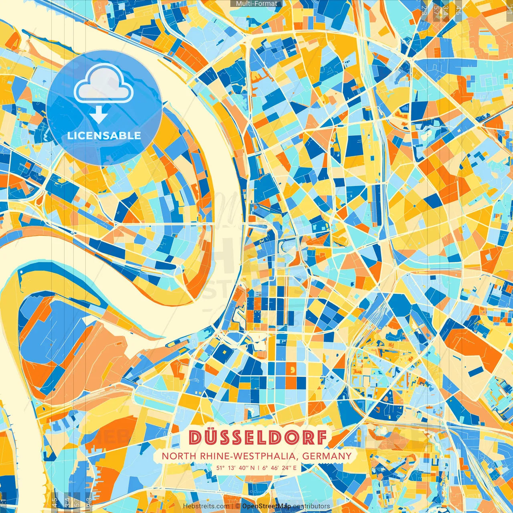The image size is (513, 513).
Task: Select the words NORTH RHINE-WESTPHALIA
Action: point(230,456)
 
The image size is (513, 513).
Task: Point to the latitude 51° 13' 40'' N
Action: point(235,467)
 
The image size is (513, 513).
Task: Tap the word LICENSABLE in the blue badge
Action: point(104,135)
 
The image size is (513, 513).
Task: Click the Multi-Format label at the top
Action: point(256,4)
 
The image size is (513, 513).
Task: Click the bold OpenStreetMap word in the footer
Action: point(266,506)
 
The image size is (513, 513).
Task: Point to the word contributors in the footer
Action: point(311,506)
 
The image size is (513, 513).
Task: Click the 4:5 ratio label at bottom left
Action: point(55,502)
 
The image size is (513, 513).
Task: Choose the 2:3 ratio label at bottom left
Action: point(89,502)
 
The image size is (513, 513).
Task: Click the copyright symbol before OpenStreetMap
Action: point(238,506)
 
